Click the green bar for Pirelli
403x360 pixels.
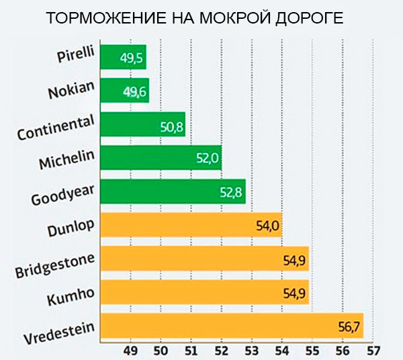click(x=123, y=58)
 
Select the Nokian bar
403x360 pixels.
click(x=124, y=91)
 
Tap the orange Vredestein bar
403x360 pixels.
click(x=231, y=326)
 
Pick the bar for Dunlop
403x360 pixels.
click(x=191, y=225)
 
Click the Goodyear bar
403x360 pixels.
click(x=173, y=191)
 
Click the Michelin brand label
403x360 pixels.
click(x=66, y=161)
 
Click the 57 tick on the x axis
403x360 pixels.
click(x=373, y=350)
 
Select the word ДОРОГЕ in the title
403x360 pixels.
click(x=308, y=18)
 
